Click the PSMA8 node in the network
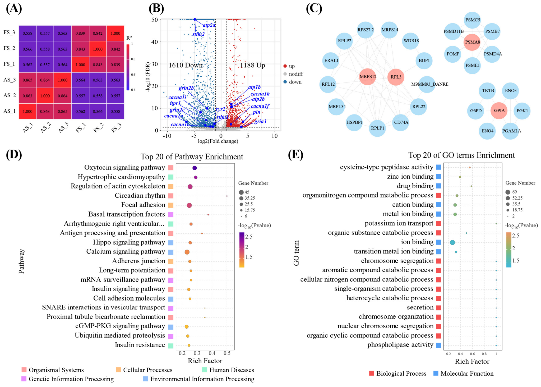(472, 42)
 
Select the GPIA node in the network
(499, 110)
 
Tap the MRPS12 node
(368, 77)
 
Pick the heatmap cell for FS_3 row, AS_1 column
(27, 33)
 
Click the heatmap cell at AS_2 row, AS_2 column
(45, 96)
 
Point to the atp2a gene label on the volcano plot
(209, 25)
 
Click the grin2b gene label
(186, 88)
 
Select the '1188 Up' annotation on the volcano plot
(252, 65)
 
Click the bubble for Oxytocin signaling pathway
(195, 168)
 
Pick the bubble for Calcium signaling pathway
(187, 252)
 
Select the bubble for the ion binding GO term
(452, 242)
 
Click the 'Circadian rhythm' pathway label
(140, 196)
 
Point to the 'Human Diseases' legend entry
(228, 370)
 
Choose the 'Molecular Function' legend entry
(464, 374)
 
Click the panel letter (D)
(14, 154)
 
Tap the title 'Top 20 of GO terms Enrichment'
(461, 155)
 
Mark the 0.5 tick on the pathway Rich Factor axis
(227, 353)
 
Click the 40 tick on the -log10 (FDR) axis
(155, 42)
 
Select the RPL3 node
(396, 77)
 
